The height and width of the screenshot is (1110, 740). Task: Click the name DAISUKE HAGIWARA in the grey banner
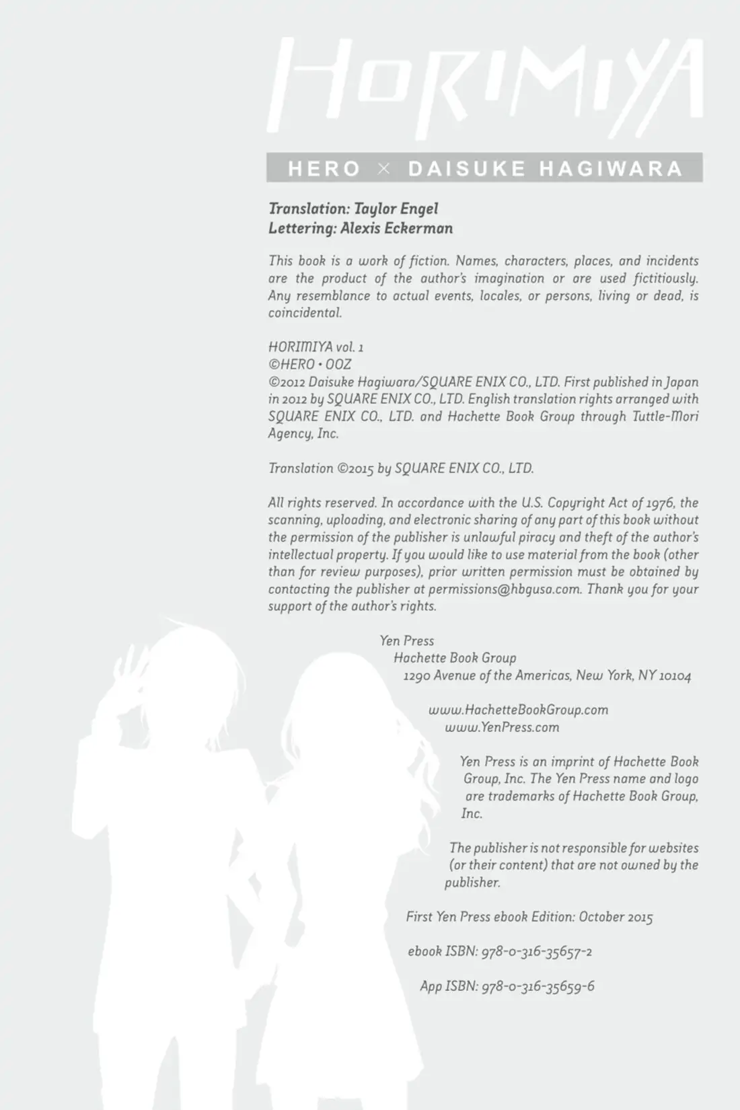(545, 168)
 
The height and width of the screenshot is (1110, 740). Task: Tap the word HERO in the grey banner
(324, 168)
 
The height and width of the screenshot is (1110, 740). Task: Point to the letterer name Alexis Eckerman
(396, 228)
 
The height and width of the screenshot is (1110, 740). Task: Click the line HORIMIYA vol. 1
(316, 347)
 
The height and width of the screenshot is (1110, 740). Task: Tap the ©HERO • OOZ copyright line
(309, 365)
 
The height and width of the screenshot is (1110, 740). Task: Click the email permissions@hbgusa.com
(504, 589)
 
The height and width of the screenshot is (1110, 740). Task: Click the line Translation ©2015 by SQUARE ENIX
(401, 468)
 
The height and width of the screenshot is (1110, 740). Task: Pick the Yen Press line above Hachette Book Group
(407, 641)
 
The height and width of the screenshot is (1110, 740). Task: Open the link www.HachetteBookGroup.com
(518, 710)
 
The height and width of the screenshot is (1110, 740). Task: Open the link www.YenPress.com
(502, 727)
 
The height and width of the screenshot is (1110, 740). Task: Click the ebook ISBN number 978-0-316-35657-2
(537, 951)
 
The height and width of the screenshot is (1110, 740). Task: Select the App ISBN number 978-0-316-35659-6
(538, 986)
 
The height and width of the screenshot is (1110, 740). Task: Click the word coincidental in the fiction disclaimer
(305, 313)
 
